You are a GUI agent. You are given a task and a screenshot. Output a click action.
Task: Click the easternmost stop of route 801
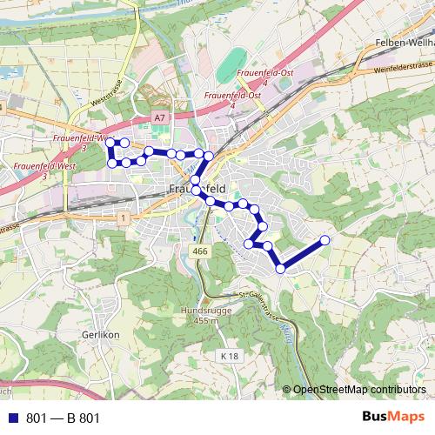click(x=325, y=240)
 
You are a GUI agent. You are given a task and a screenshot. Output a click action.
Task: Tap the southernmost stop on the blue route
click(x=280, y=269)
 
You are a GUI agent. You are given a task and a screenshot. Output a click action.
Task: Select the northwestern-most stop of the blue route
click(x=110, y=142)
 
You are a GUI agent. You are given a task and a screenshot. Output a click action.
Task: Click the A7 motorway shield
click(x=157, y=116)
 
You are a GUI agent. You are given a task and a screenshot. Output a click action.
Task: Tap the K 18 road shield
click(x=229, y=356)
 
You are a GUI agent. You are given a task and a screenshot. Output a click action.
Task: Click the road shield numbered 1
click(x=125, y=217)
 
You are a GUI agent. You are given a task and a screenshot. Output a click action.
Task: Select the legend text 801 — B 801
click(x=63, y=418)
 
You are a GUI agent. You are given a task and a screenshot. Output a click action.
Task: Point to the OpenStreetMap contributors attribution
click(x=358, y=389)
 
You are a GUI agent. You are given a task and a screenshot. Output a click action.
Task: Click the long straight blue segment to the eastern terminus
click(x=303, y=254)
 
